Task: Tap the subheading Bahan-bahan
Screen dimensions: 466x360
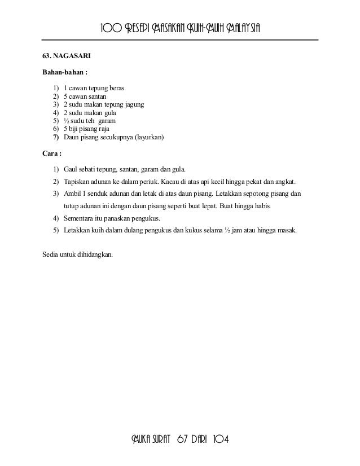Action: (65, 73)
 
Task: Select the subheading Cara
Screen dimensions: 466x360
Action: (52, 153)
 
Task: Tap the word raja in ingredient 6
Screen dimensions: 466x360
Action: (109, 129)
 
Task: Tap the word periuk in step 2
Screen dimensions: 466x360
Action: (148, 182)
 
